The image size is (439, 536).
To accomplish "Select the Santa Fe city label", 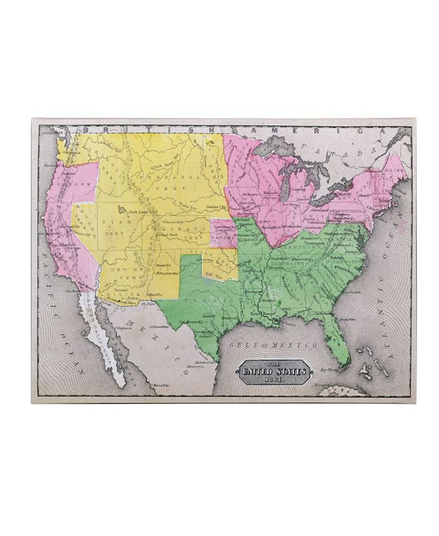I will (150, 266).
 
